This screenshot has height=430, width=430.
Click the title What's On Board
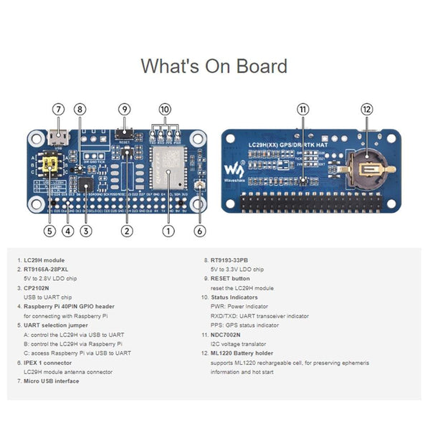pos(214,66)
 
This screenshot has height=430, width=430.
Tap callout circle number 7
pos(59,110)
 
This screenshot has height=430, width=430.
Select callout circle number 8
pos(80,110)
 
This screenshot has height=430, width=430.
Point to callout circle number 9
pos(125,110)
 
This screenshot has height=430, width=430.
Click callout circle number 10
pos(166,110)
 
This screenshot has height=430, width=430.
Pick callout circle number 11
pos(303,110)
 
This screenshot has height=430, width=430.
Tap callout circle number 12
pos(367,110)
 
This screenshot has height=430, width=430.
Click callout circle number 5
pos(49,231)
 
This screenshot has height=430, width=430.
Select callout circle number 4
pos(67,231)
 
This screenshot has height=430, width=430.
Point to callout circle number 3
pos(86,231)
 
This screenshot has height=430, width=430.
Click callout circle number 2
pos(127,231)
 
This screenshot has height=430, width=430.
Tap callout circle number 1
pos(168,231)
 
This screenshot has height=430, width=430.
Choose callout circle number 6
pos(200,231)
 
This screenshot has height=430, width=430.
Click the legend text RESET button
pos(230,278)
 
